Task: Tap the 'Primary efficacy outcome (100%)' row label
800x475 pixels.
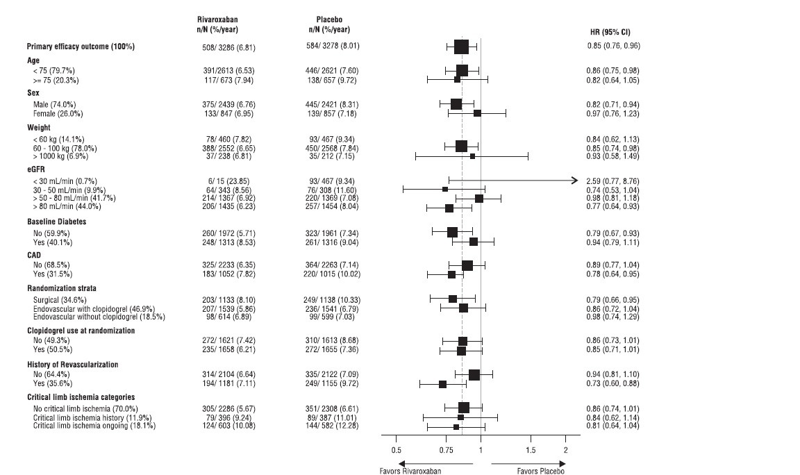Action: tap(81, 47)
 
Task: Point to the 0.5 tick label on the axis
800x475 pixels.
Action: tap(396, 450)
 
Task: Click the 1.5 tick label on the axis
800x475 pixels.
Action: tap(531, 450)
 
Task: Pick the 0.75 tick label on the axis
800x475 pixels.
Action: tap(446, 450)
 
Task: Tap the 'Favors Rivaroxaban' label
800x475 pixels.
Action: tap(421, 470)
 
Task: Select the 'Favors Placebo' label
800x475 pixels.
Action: tap(541, 470)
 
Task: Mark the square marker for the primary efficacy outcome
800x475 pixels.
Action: tap(462, 47)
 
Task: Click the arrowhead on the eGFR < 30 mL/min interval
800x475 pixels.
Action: tap(574, 181)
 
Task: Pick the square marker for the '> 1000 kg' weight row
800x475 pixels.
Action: tap(473, 156)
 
